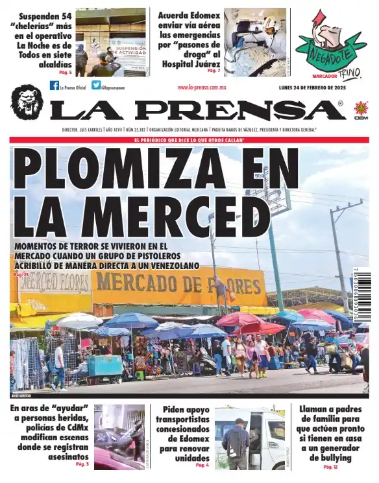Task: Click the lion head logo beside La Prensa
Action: tap(27, 101)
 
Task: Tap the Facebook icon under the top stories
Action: tap(55, 86)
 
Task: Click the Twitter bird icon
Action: tap(96, 86)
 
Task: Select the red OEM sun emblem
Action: tap(361, 109)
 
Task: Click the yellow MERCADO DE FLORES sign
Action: tap(178, 283)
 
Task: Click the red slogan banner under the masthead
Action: tap(189, 140)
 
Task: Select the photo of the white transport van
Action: tap(250, 438)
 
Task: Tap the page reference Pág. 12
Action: tap(330, 467)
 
